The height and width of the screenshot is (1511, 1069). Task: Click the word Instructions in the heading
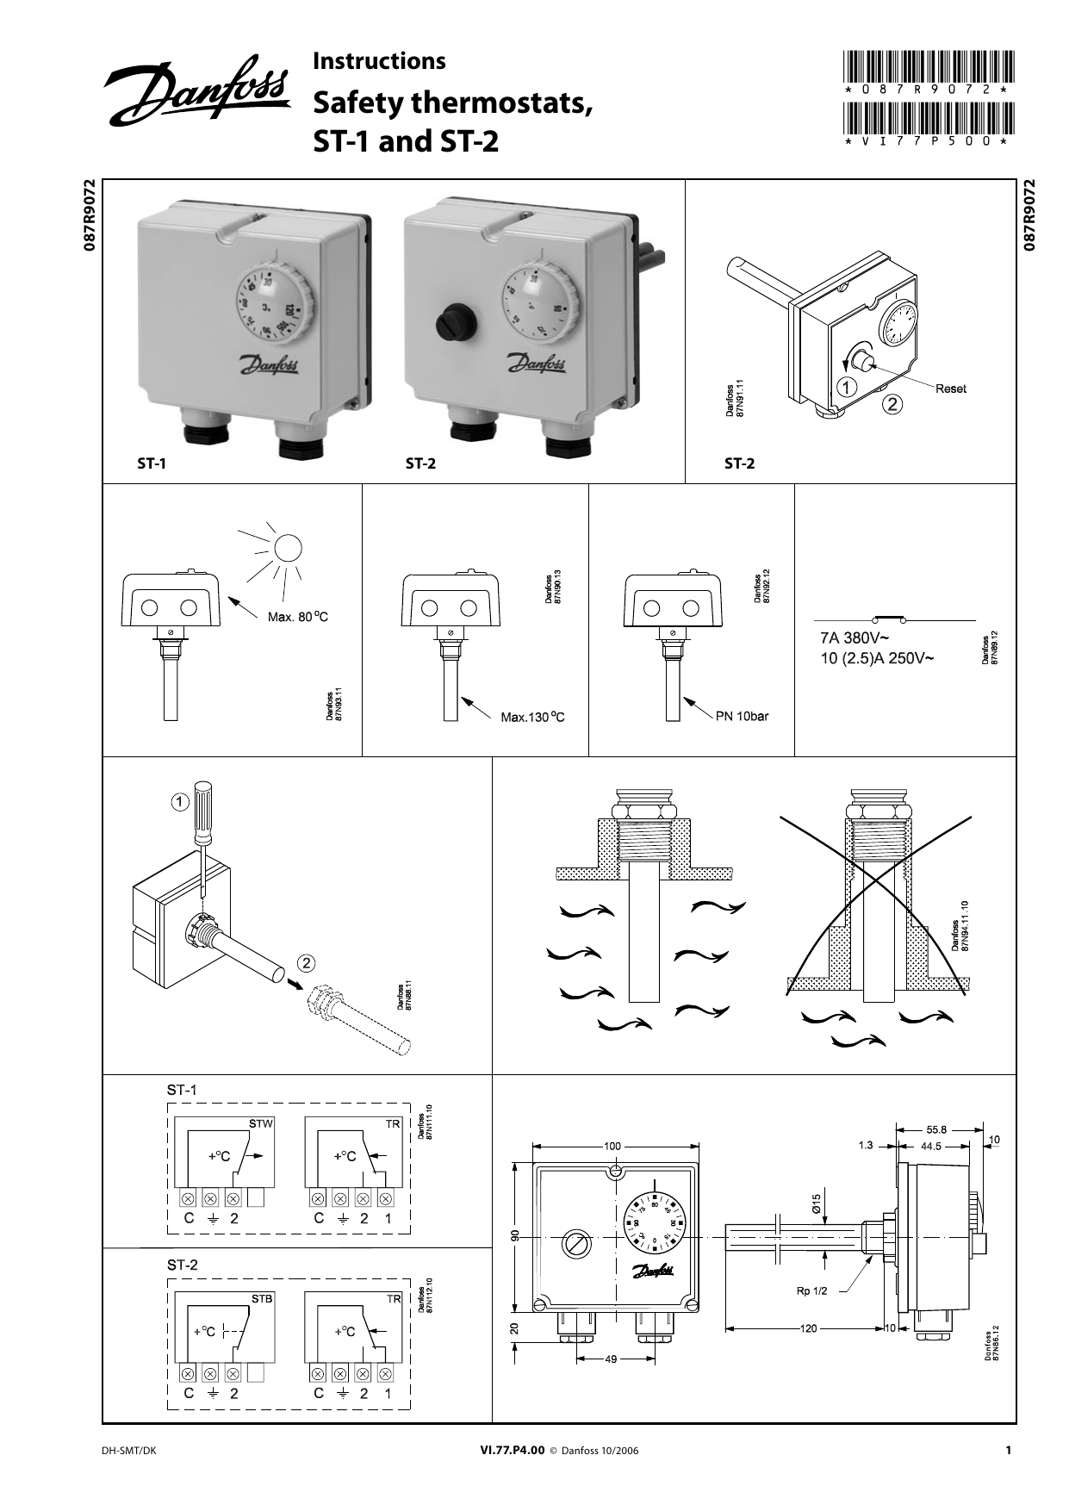click(x=379, y=61)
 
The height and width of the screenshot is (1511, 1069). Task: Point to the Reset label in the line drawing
click(x=951, y=389)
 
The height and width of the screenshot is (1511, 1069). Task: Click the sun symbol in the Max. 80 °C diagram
click(x=289, y=549)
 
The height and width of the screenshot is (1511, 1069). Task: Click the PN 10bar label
click(x=742, y=716)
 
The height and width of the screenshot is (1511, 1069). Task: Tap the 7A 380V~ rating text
click(x=854, y=638)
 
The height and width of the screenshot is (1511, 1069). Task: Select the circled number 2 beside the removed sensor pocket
click(x=308, y=961)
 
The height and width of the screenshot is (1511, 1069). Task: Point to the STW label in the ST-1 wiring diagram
click(x=260, y=1123)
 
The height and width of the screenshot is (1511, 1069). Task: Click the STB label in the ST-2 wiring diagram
click(x=261, y=1298)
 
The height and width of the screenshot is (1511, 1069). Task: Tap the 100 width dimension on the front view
click(x=612, y=1147)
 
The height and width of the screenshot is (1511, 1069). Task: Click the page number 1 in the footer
click(x=1008, y=1450)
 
